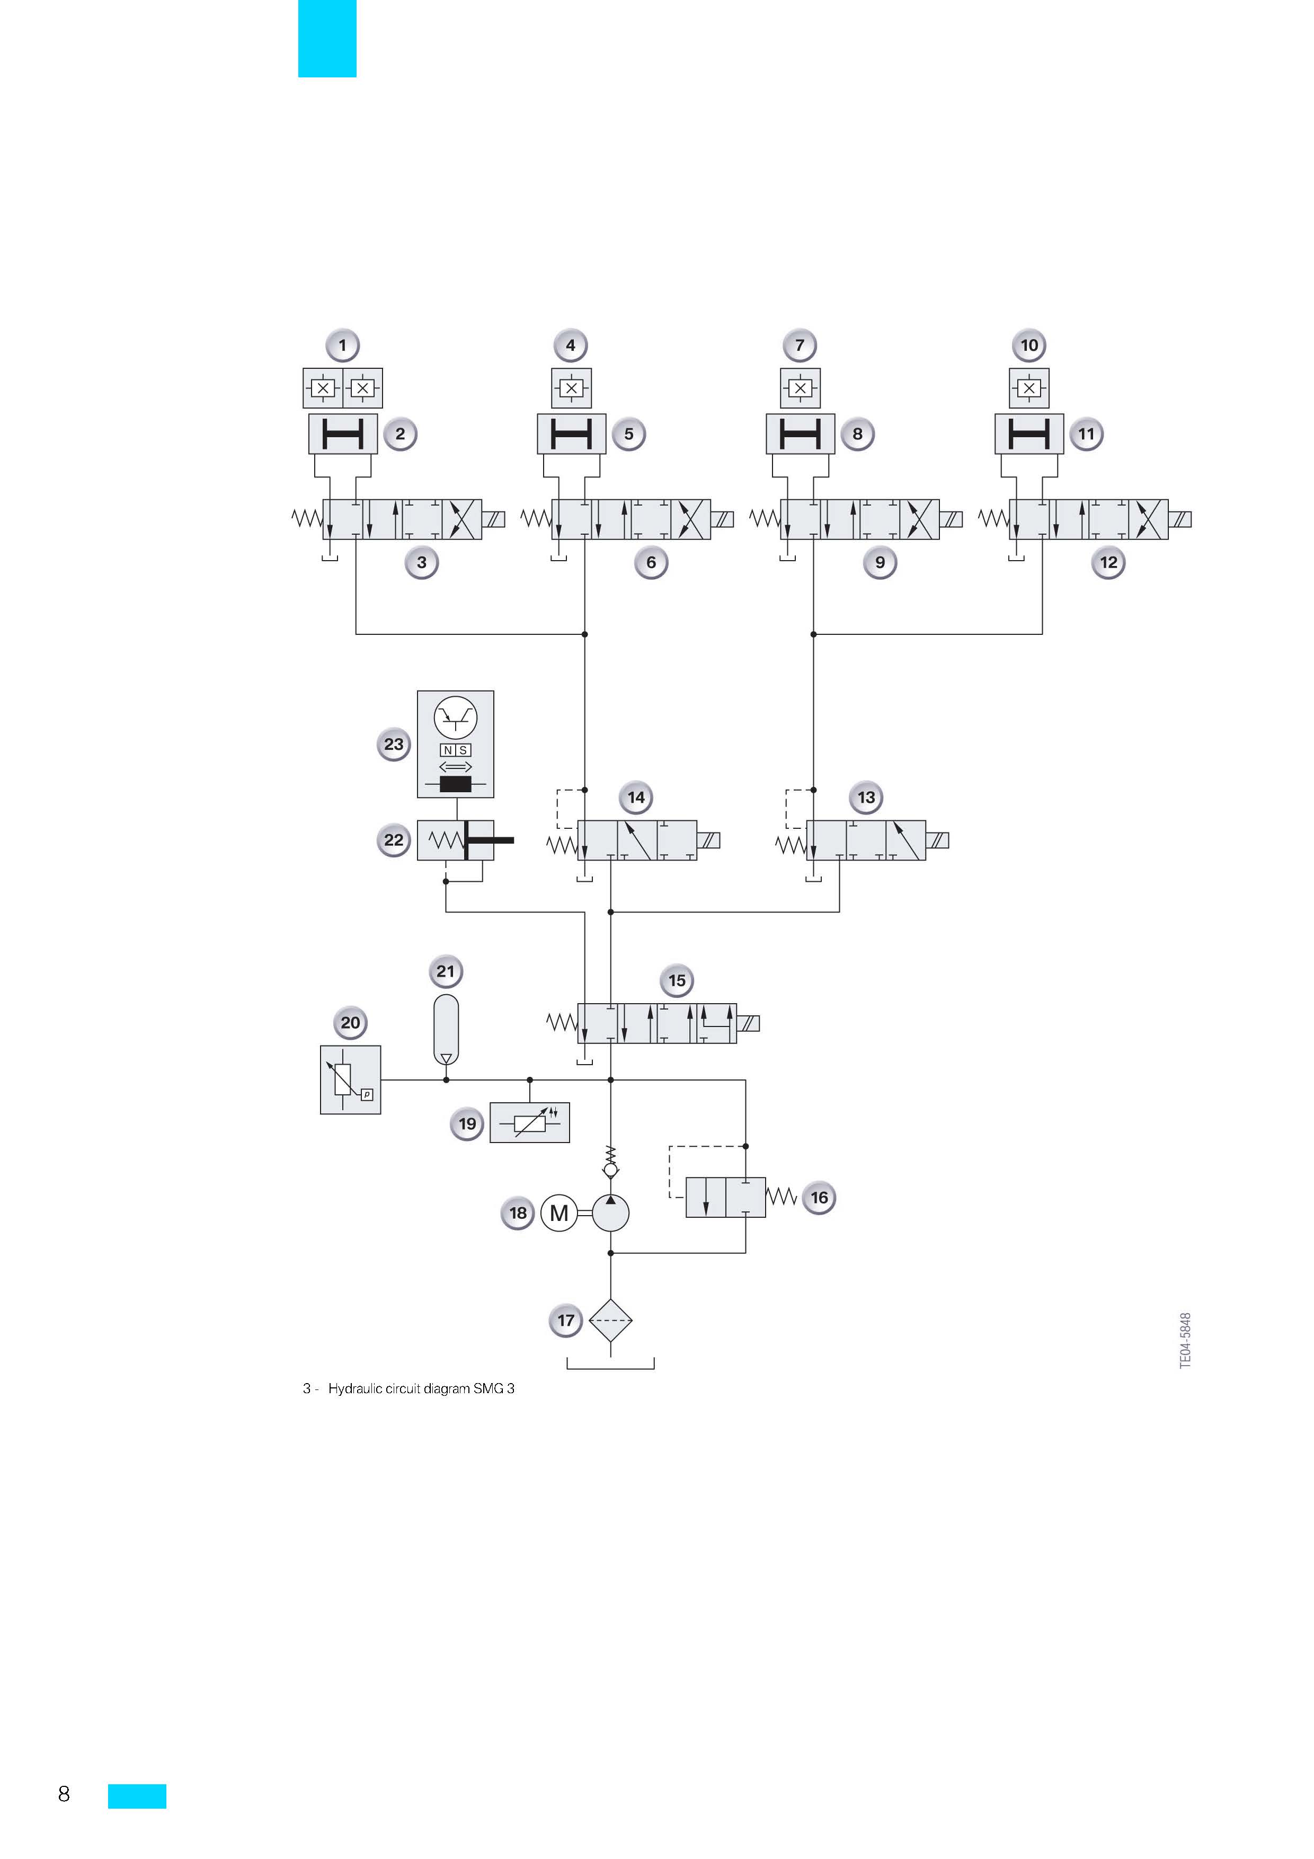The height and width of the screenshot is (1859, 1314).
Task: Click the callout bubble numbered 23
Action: (x=394, y=744)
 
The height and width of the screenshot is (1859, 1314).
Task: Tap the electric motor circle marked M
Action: (x=558, y=1213)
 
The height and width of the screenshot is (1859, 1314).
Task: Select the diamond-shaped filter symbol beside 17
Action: (x=610, y=1321)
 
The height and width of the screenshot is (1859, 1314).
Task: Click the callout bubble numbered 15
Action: (x=677, y=980)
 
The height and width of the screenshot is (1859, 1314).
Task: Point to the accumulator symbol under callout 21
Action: (x=446, y=1030)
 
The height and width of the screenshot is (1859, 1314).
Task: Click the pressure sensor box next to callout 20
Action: (x=351, y=1080)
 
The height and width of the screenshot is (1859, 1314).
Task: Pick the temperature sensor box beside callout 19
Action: (x=529, y=1123)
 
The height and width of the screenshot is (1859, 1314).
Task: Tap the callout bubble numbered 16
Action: (x=819, y=1198)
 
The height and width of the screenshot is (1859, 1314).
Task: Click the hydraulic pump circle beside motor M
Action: (x=610, y=1213)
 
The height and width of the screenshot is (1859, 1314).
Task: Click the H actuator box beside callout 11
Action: (x=1029, y=434)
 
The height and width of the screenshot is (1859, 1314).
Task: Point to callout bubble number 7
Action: (x=800, y=346)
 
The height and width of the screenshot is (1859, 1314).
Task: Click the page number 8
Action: (x=64, y=1793)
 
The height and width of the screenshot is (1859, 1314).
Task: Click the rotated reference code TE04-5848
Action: (x=1185, y=1341)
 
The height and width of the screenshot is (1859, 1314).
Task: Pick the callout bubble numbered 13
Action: (x=866, y=798)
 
